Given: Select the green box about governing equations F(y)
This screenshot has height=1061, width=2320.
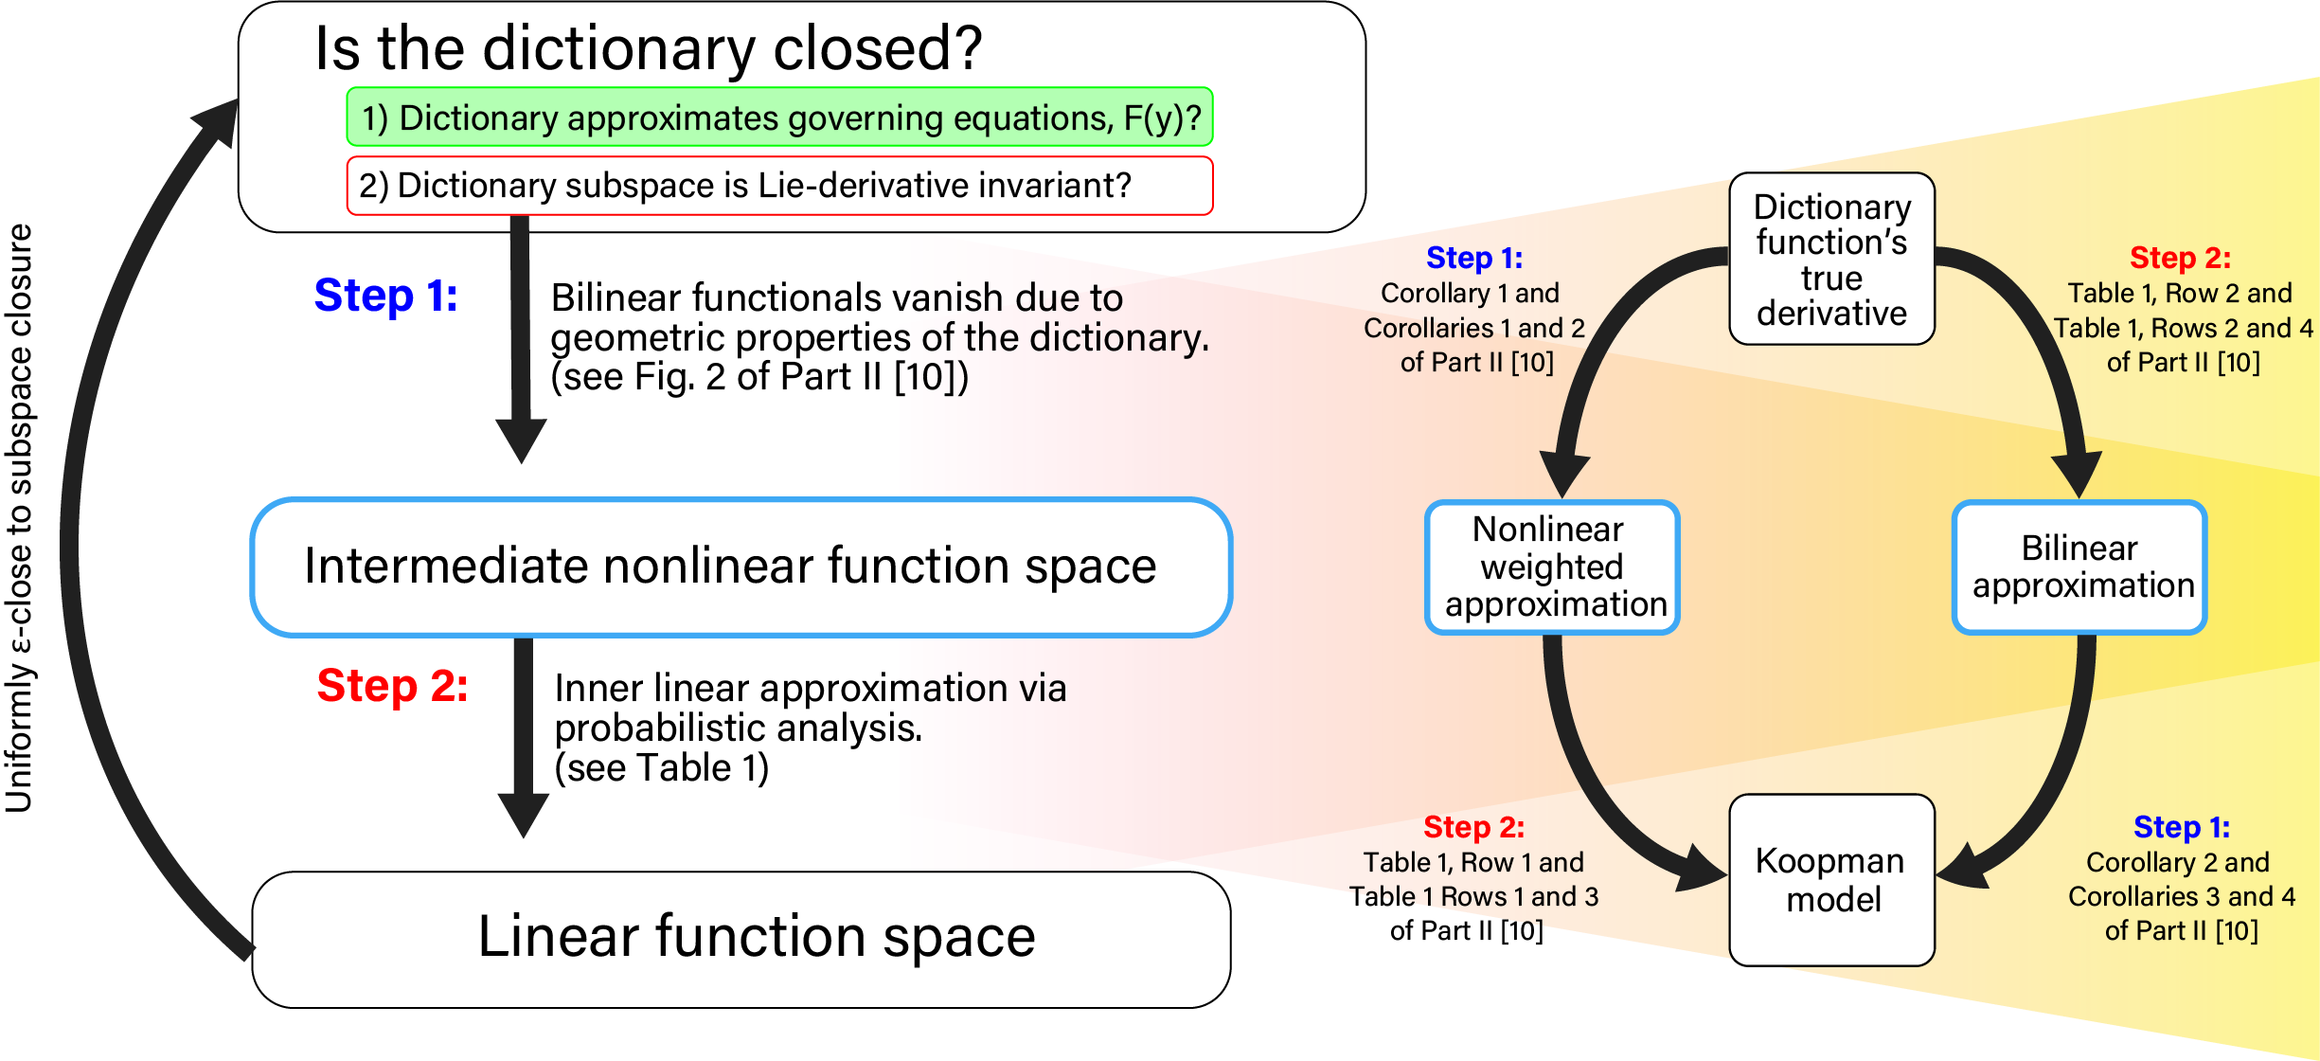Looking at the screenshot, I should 779,117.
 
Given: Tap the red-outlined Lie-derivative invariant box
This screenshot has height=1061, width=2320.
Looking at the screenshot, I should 779,186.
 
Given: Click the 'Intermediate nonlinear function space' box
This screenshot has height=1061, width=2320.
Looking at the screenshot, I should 741,567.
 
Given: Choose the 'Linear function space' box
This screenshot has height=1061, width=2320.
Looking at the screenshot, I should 741,939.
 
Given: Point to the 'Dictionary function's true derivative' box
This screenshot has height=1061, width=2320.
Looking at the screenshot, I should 1831,259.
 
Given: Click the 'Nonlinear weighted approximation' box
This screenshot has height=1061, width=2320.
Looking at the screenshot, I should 1552,567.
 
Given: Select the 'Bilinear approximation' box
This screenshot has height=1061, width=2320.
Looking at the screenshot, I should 2080,567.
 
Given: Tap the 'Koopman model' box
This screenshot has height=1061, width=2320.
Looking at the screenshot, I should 1831,880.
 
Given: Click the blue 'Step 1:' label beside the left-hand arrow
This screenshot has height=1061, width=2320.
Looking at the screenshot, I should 385,296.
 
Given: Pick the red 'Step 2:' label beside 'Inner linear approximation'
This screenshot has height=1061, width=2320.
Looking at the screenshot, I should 392,686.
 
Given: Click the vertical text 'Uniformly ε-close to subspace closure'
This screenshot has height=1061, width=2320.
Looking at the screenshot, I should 20,518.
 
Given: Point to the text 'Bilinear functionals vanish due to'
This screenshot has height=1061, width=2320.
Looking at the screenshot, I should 836,297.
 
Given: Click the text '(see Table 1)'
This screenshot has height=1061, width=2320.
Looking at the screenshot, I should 661,767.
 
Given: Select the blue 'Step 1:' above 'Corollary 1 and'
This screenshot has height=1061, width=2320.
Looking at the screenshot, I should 1474,258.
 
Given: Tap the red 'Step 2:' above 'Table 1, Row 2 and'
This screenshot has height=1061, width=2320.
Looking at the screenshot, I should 2180,258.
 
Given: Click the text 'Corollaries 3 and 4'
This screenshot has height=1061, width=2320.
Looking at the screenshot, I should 2182,896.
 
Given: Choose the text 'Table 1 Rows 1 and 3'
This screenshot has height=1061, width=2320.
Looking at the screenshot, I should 1473,896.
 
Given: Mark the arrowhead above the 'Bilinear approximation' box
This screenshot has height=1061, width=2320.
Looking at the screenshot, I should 2077,474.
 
